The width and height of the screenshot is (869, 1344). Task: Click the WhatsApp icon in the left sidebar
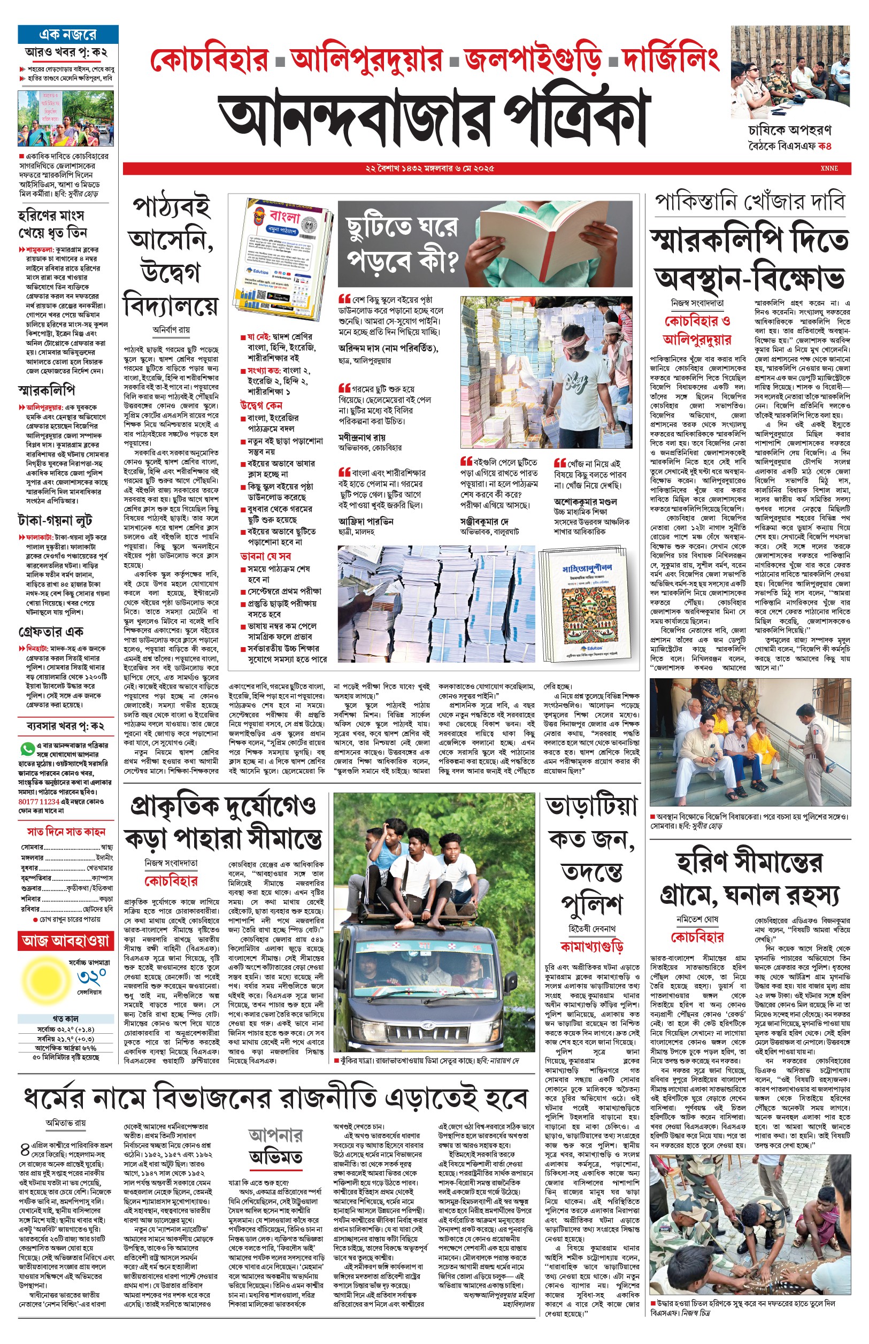coord(26,749)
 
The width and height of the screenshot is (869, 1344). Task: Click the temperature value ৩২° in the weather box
coord(91,977)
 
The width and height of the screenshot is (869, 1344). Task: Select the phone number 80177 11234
coord(39,801)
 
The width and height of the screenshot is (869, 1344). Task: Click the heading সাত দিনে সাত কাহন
coord(66,832)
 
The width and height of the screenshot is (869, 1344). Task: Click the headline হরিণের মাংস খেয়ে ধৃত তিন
coord(52,224)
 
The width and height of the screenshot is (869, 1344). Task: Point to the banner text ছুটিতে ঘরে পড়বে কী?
coord(402,243)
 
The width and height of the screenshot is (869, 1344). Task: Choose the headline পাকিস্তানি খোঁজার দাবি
coord(749,203)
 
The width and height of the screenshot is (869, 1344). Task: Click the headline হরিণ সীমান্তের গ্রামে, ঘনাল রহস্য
coord(749,880)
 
